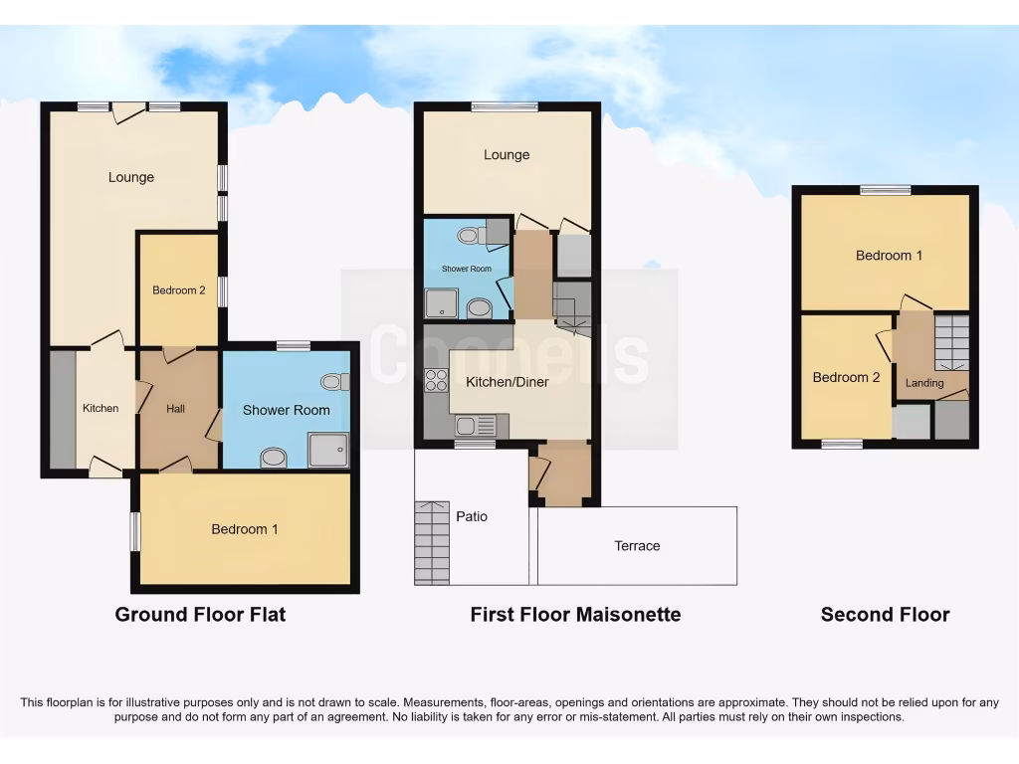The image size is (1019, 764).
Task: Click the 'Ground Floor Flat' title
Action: coord(200,615)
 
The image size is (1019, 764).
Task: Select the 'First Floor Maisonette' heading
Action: coord(575,615)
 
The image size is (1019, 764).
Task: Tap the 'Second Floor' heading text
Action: coord(885,615)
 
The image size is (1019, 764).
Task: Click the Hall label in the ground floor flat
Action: coord(176,408)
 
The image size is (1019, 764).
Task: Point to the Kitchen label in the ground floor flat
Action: coord(101,408)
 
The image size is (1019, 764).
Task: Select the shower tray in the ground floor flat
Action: coord(328,450)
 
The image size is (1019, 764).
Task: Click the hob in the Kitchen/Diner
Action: coord(436,379)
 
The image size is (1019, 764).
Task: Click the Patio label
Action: coord(472,516)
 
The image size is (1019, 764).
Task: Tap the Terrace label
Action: coord(637,545)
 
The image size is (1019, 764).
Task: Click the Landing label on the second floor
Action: coord(924,383)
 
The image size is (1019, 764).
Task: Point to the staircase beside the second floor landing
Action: coord(951,341)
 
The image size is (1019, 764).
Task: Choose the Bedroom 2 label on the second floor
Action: coord(846,377)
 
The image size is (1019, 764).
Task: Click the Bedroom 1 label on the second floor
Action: coord(889,256)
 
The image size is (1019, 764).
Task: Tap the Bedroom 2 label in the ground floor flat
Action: coord(179,290)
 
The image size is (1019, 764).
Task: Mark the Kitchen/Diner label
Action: coord(507,382)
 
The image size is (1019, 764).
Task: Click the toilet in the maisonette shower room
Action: coord(468,236)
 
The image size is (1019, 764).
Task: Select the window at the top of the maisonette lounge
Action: coord(505,107)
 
